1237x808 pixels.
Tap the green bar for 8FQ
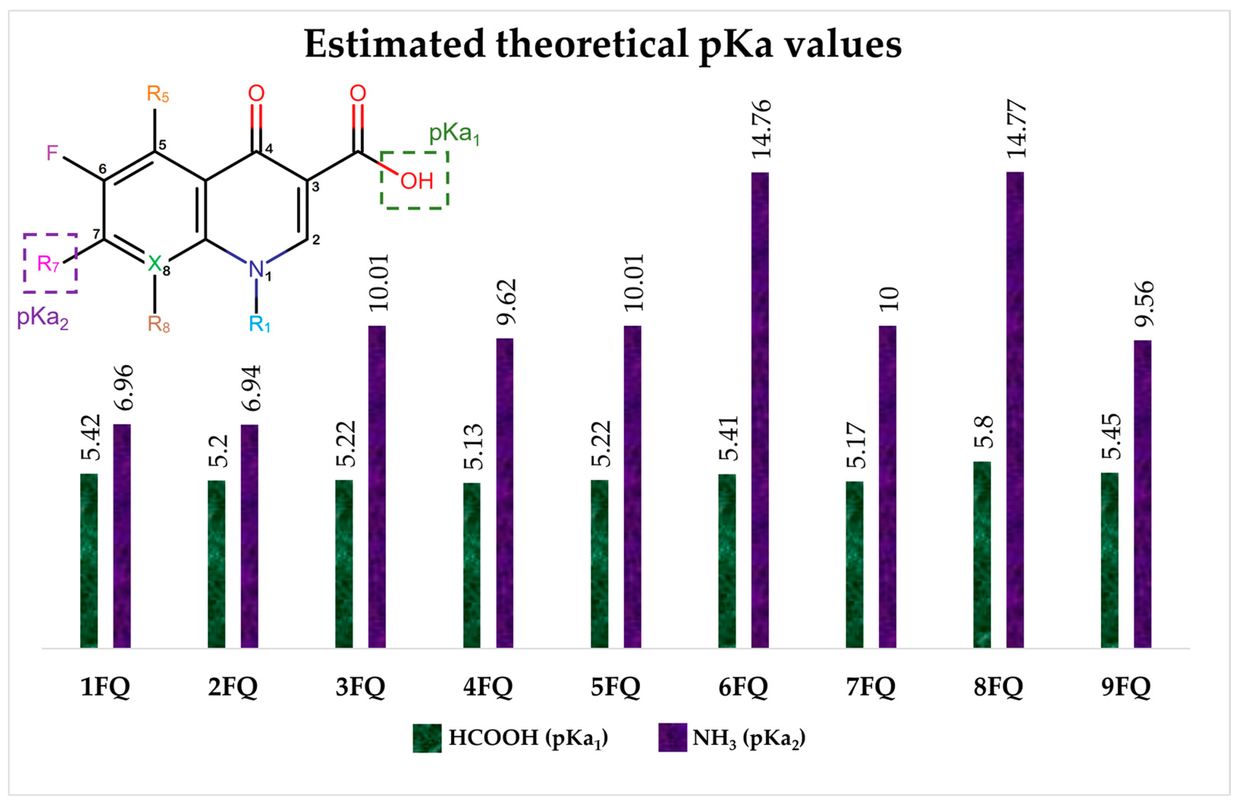[x=982, y=554]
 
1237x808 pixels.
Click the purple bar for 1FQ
[x=122, y=536]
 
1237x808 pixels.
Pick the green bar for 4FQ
[x=471, y=565]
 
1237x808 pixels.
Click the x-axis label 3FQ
[x=360, y=687]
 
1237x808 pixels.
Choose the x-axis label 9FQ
[x=1126, y=687]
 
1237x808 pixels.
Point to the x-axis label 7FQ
[x=871, y=687]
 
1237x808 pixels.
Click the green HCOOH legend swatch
[x=427, y=738]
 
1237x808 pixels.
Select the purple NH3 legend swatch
[x=672, y=737]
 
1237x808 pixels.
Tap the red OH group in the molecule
[x=417, y=181]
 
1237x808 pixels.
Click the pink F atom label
[x=52, y=153]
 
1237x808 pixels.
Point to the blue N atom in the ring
[x=256, y=269]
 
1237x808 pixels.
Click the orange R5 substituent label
[x=157, y=94]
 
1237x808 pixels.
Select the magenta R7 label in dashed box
[x=48, y=264]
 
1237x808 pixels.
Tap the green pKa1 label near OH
[x=453, y=133]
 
